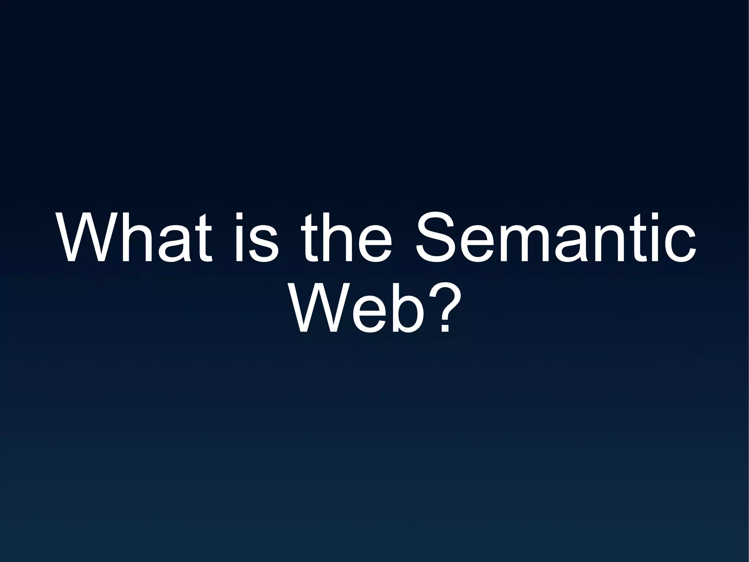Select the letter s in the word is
tap(261, 243)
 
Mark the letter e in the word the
tap(373, 243)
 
